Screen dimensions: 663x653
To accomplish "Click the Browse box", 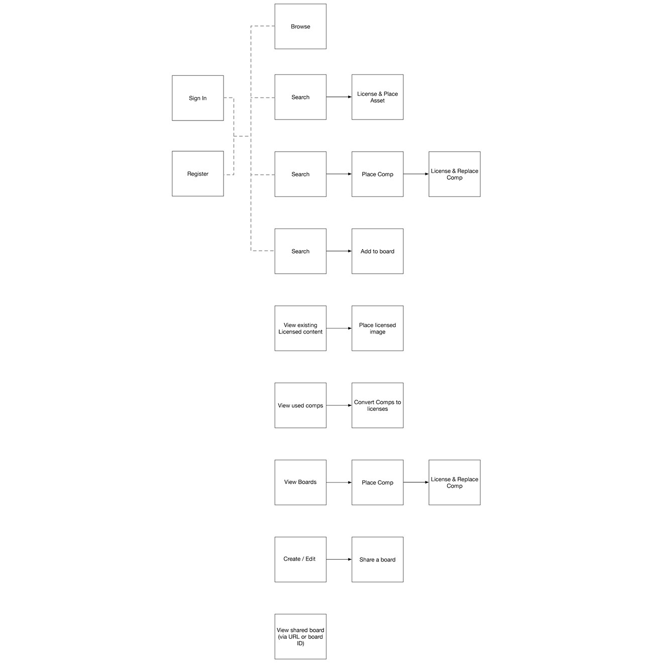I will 300,27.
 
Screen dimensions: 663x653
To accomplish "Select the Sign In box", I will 197,98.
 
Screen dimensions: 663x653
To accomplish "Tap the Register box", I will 197,174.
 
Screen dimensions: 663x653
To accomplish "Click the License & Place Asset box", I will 377,97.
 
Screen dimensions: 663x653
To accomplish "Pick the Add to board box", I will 377,251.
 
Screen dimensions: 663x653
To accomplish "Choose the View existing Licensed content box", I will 300,328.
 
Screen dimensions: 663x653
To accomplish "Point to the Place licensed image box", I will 377,328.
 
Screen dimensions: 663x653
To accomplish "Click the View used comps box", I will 300,405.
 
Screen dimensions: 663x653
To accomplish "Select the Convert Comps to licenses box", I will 377,405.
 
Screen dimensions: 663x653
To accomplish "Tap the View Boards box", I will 300,482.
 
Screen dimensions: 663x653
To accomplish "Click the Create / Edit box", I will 300,560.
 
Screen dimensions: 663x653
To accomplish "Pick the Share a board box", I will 377,560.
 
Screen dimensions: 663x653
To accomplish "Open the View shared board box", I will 300,636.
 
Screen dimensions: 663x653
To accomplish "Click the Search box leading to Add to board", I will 300,251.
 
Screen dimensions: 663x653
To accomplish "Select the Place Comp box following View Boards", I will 377,482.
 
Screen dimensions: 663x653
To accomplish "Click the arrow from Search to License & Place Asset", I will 339,97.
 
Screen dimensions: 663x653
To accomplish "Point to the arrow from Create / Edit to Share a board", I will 339,560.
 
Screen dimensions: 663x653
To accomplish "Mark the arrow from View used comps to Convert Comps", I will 339,405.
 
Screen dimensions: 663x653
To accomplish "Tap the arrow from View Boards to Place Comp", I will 339,483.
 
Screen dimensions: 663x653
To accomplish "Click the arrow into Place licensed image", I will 339,328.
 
